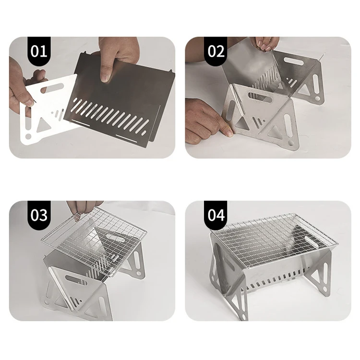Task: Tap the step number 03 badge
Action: click(x=39, y=215)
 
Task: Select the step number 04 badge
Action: click(x=216, y=215)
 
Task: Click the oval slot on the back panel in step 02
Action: click(x=293, y=61)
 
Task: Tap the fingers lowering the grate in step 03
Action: click(x=82, y=208)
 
